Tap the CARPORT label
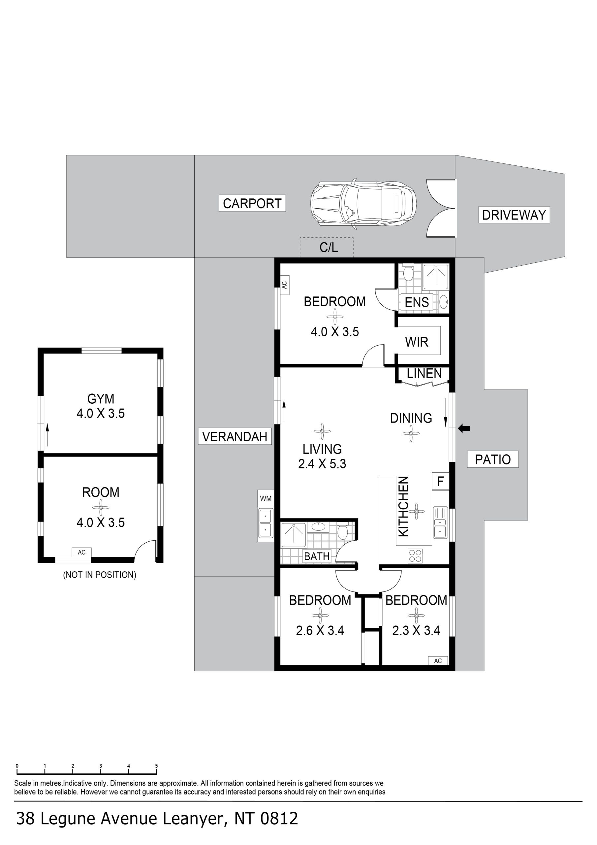tap(252, 204)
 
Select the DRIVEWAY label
tap(514, 215)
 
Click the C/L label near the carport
tap(329, 248)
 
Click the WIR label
tap(417, 342)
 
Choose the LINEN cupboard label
tap(424, 374)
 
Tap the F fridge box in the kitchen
tap(440, 481)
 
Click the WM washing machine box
tap(266, 499)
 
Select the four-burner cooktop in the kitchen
tap(415, 556)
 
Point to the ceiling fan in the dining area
tap(411, 433)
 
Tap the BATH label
tap(317, 557)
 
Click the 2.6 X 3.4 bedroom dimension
tap(320, 631)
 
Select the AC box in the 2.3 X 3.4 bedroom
tap(438, 661)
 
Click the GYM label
tap(101, 399)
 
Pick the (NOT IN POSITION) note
tap(100, 575)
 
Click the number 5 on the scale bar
tap(156, 766)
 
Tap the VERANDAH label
tap(235, 437)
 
